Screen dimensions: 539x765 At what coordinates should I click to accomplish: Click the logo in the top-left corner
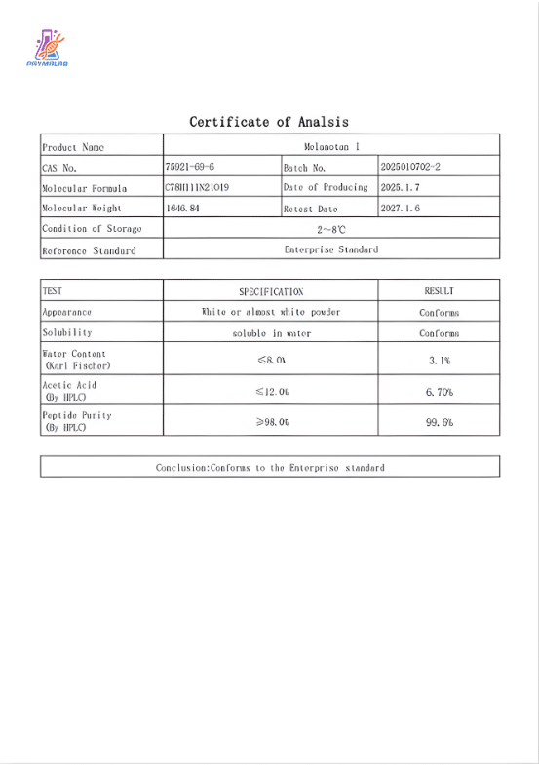click(x=46, y=49)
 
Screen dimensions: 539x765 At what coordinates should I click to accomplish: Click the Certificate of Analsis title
click(x=269, y=122)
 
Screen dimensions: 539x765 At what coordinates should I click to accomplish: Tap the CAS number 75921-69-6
click(x=190, y=168)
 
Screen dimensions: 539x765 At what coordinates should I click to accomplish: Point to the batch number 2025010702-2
click(x=410, y=168)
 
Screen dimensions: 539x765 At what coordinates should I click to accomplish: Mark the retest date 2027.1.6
click(x=400, y=209)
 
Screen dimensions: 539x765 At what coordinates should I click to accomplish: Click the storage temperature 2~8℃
click(x=331, y=230)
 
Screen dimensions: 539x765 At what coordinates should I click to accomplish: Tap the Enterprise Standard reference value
click(x=331, y=249)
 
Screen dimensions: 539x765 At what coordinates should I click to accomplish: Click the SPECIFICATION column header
click(x=271, y=291)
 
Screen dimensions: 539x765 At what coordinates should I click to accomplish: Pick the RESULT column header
click(x=439, y=291)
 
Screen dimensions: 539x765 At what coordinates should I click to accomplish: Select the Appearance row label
click(x=67, y=313)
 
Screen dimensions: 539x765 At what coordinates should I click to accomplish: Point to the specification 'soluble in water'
click(x=271, y=333)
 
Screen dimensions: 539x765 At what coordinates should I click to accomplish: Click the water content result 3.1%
click(x=439, y=361)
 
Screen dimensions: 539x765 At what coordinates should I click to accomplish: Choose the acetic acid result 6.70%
click(x=439, y=392)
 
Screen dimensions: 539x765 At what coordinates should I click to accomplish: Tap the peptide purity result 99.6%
click(x=439, y=423)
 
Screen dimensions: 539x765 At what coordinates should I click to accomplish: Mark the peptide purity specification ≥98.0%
click(x=271, y=423)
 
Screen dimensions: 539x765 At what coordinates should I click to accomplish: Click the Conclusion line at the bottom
click(x=270, y=468)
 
